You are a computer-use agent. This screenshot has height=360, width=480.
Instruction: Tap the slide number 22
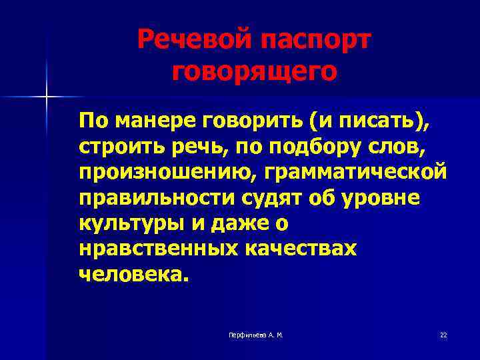point(443,335)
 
